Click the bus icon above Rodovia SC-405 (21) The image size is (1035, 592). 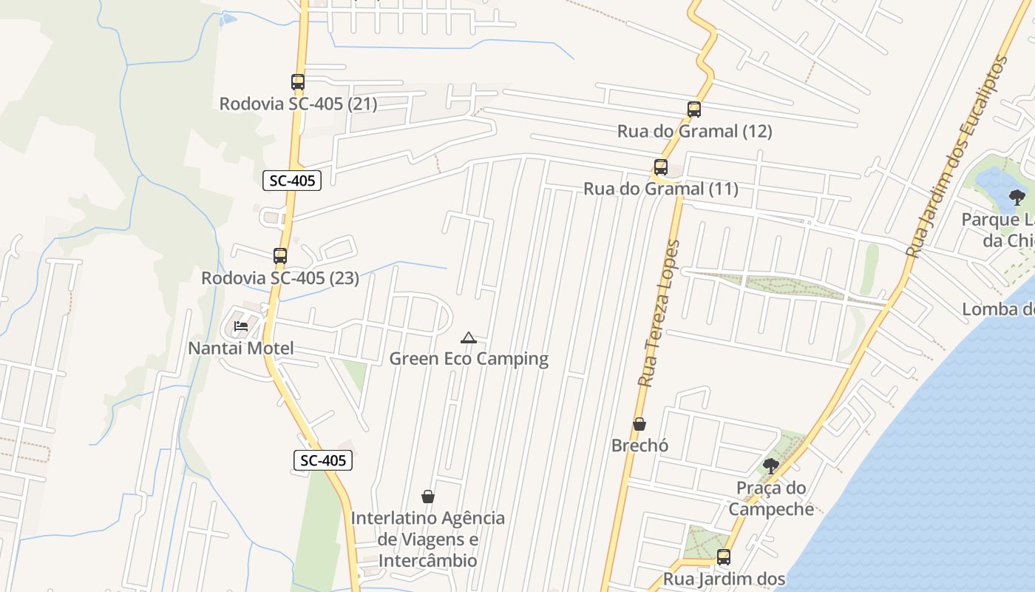298,82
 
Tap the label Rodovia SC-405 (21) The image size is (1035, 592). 298,104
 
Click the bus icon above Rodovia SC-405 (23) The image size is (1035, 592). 280,256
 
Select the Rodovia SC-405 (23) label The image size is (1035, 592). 280,278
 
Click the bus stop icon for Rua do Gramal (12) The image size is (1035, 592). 693,110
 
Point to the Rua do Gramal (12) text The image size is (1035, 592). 694,131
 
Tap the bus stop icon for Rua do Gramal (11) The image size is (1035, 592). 661,167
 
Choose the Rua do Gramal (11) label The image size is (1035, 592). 661,189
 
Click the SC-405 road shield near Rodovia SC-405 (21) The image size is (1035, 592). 292,180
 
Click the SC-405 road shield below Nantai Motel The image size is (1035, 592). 323,460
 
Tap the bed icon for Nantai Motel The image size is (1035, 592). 241,326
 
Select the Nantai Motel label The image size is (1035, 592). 241,348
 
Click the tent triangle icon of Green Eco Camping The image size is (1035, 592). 468,338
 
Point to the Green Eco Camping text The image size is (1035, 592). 469,359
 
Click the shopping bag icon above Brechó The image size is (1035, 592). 639,424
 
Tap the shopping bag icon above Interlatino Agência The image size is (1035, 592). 427,496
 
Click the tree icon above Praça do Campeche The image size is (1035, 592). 771,465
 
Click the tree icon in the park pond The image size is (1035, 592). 1017,197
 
